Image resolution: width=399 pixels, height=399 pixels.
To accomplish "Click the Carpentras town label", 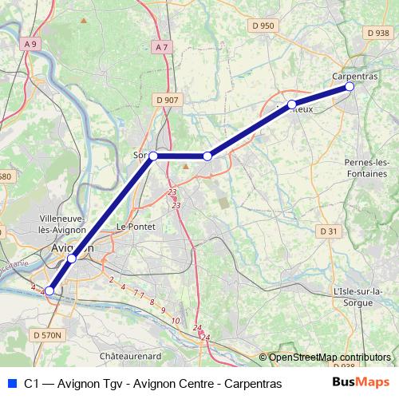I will pyautogui.click(x=354, y=75).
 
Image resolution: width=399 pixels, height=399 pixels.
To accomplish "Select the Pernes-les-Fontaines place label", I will pyautogui.click(x=366, y=168).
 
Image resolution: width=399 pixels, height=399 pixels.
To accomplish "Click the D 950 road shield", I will pyautogui.click(x=263, y=26).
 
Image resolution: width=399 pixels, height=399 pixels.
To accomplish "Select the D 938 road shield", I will pyautogui.click(x=377, y=33).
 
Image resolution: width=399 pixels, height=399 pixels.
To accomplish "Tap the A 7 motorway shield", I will pyautogui.click(x=162, y=47).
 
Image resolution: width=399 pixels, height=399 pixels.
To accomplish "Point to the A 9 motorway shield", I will pyautogui.click(x=30, y=45).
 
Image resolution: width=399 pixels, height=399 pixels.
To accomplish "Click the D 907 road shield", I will pyautogui.click(x=168, y=100).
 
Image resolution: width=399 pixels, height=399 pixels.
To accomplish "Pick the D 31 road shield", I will pyautogui.click(x=328, y=231).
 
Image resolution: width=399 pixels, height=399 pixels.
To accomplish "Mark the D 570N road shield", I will pyautogui.click(x=46, y=336).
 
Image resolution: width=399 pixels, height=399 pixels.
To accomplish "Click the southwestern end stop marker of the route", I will pyautogui.click(x=49, y=291).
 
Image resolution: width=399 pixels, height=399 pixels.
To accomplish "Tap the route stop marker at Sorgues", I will pyautogui.click(x=154, y=156).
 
